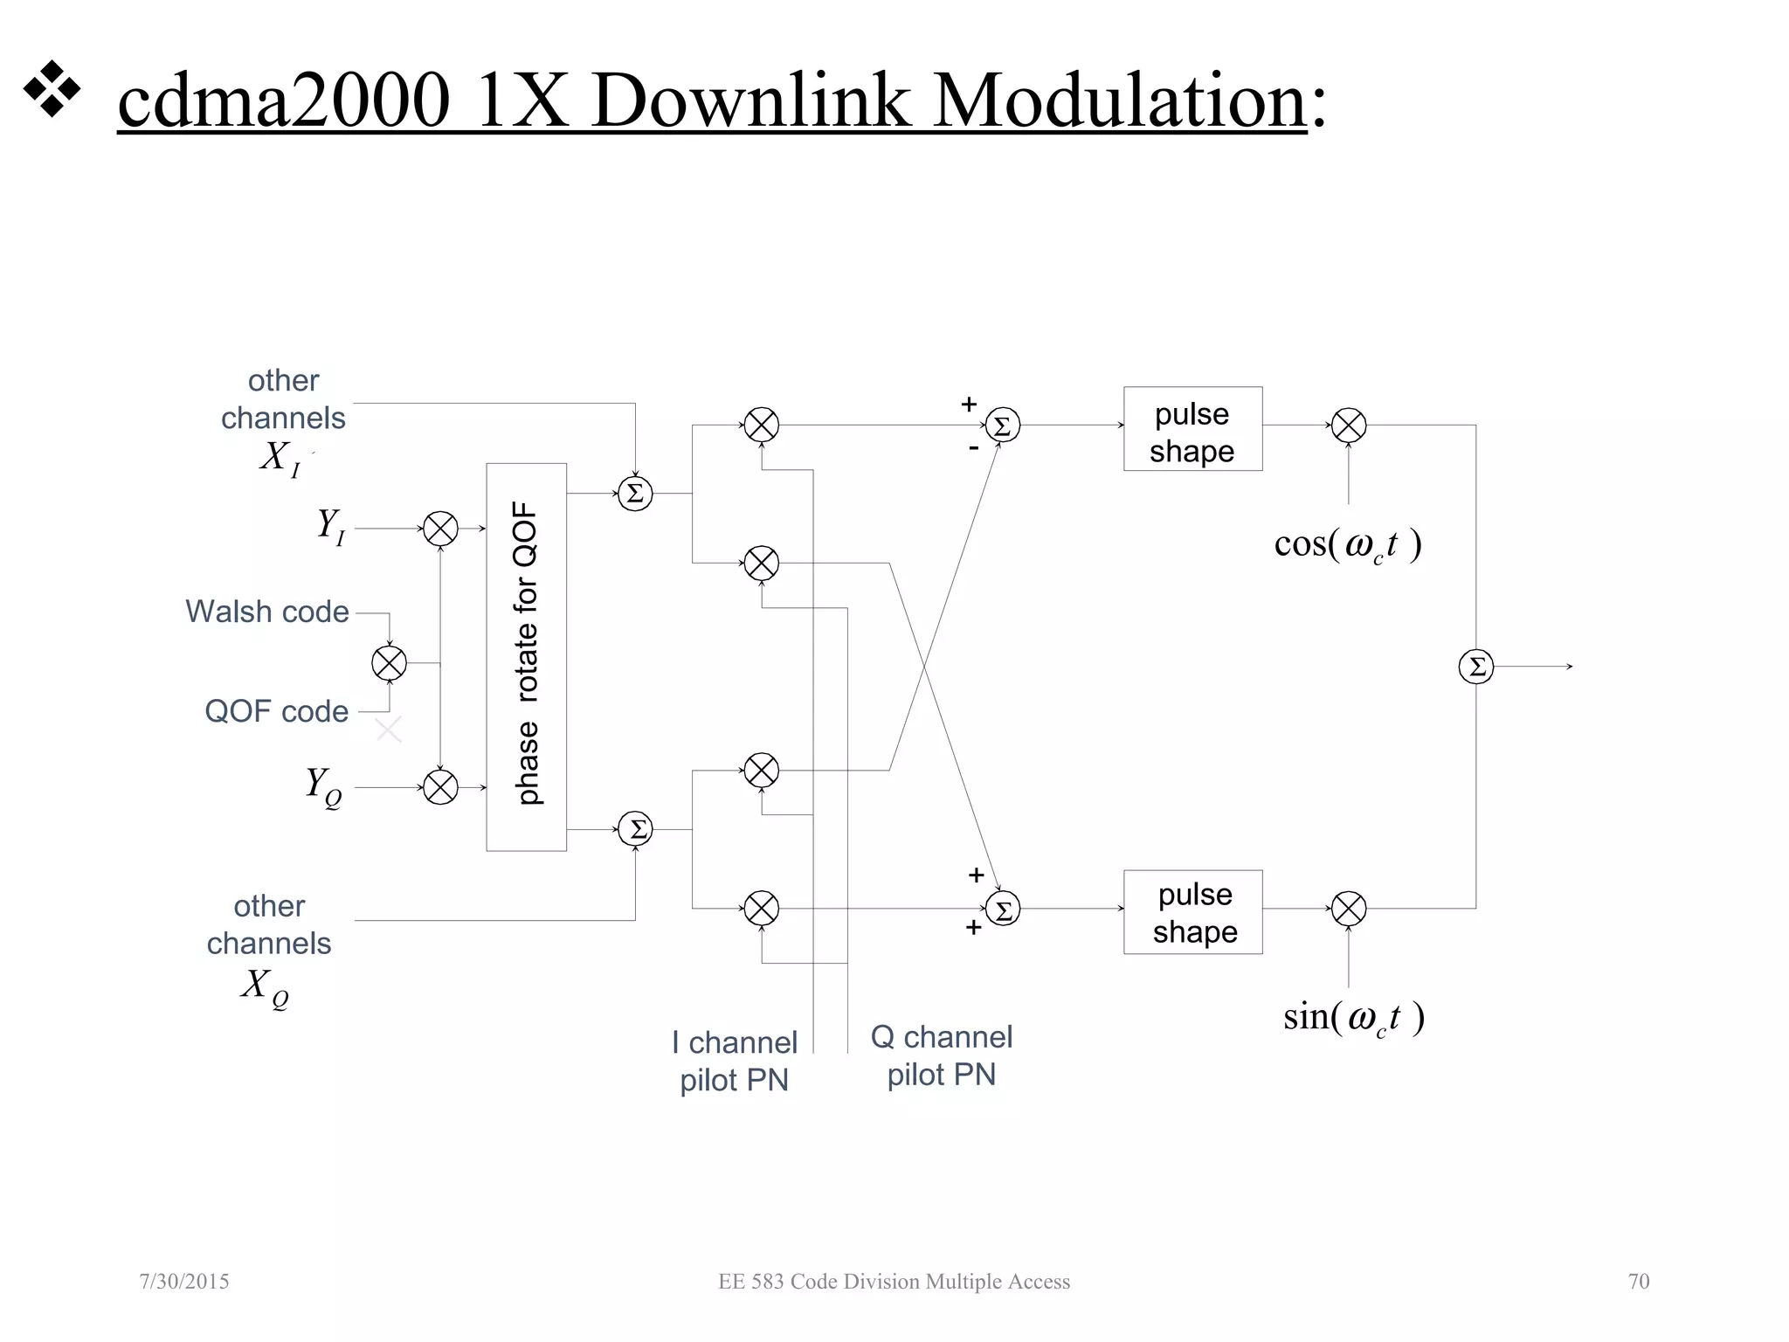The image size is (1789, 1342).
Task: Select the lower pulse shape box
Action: (1192, 912)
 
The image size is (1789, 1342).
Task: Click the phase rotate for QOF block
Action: (526, 656)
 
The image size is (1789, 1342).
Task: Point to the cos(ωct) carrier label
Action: (1348, 544)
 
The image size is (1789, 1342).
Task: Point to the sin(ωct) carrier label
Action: (1353, 1017)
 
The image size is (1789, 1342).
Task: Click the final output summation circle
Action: (1476, 667)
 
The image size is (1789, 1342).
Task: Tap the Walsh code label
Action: (267, 612)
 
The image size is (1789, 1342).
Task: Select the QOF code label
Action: (276, 711)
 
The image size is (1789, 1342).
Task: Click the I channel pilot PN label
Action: (735, 1061)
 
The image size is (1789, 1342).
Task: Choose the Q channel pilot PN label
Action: (942, 1055)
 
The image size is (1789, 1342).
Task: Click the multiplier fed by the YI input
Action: (440, 529)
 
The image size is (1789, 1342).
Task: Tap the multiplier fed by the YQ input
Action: (440, 787)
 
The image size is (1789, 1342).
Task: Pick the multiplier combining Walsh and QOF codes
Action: (389, 663)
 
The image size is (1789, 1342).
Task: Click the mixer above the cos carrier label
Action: (1348, 425)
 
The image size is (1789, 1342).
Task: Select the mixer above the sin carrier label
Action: (1348, 909)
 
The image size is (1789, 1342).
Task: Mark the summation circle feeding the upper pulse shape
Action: (1002, 425)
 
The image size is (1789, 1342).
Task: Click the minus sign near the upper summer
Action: (973, 448)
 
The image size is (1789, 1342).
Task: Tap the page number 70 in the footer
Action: (1639, 1281)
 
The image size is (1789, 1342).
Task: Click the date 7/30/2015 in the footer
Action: (184, 1281)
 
